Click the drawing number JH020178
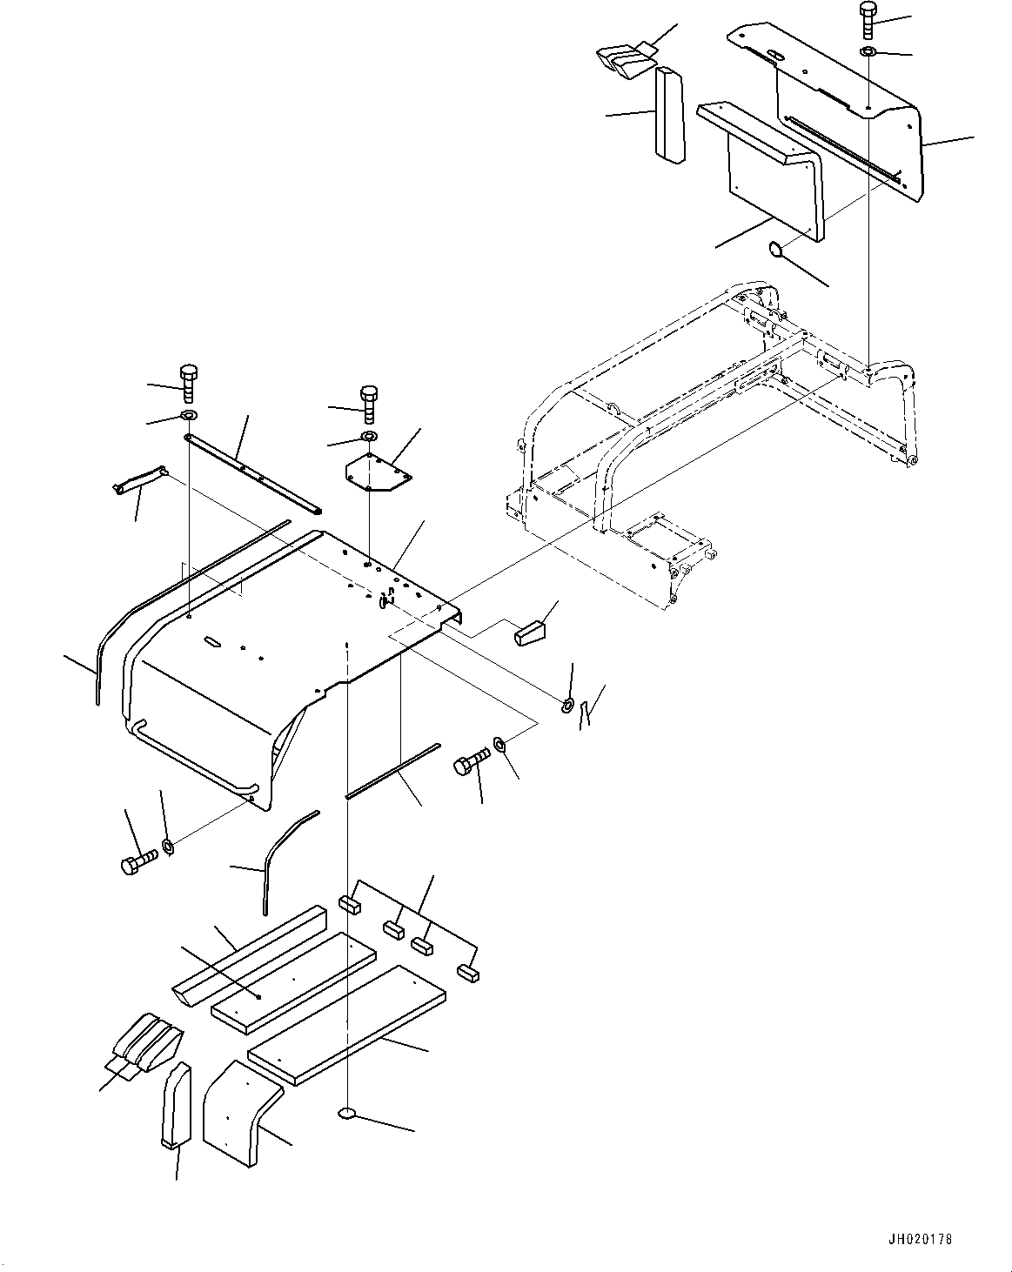click(921, 1236)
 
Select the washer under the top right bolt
click(868, 53)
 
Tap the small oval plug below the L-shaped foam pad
click(775, 251)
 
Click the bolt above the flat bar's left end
click(189, 383)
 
